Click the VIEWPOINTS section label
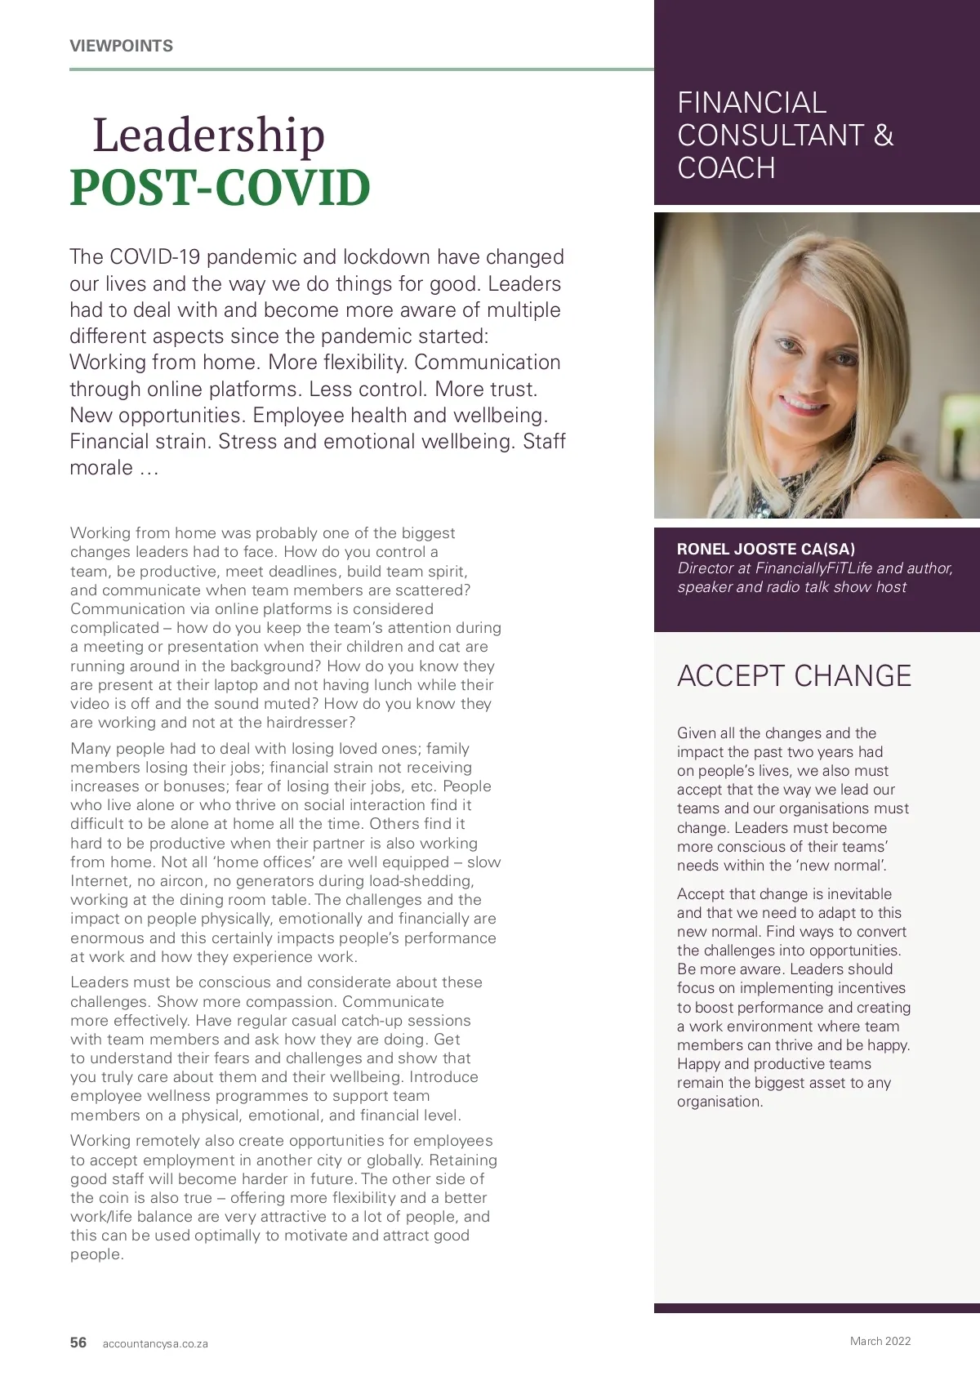121,47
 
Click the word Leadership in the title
208,135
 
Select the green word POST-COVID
220,188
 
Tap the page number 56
78,1343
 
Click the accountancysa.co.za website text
155,1344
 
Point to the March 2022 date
880,1341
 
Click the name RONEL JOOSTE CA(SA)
766,550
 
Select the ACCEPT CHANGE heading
794,676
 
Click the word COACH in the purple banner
726,168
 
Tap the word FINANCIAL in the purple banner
751,103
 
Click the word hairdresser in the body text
311,723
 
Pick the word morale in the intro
101,468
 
